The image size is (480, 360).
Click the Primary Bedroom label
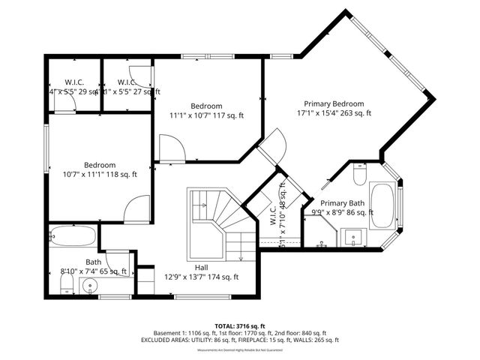click(x=333, y=103)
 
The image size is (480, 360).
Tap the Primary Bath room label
click(x=342, y=203)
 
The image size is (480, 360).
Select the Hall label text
click(x=202, y=267)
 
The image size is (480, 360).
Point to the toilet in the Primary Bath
click(x=359, y=175)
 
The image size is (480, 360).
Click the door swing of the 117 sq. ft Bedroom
click(x=170, y=147)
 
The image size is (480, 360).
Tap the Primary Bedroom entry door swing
click(x=271, y=145)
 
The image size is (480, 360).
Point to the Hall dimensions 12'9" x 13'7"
click(x=202, y=277)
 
